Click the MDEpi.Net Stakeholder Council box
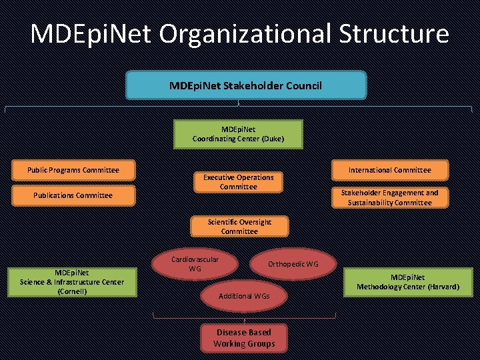point(245,86)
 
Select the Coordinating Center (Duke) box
point(238,134)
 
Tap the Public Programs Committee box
point(73,170)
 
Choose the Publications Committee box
point(73,195)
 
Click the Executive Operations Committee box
point(238,182)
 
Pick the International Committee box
point(390,170)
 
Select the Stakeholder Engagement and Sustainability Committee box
point(390,197)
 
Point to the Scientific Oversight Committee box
point(239,227)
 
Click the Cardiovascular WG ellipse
point(195,263)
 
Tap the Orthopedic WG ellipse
point(293,264)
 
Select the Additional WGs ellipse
point(245,295)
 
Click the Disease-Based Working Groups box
point(243,338)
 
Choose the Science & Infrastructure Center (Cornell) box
point(72,282)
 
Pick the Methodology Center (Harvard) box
point(407,282)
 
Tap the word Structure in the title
point(393,33)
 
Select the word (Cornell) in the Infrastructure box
point(72,291)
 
